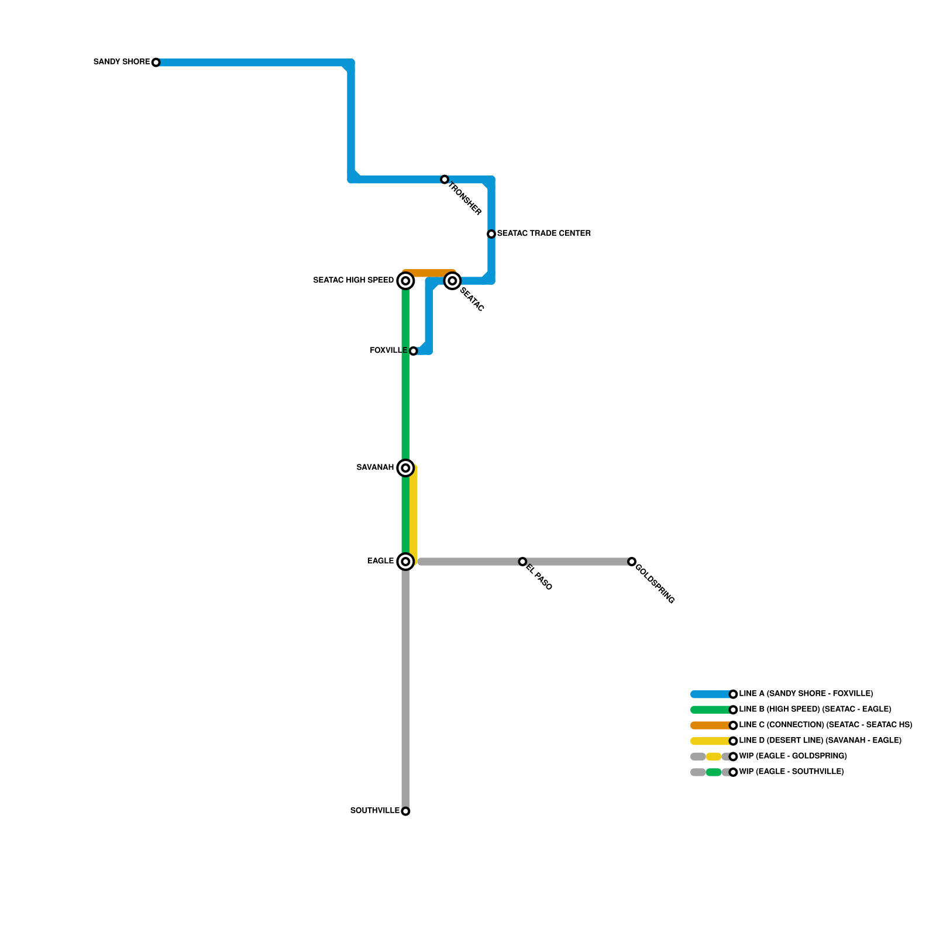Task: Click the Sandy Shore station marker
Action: [156, 63]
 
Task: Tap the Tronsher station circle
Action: [445, 180]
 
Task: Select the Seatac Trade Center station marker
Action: [491, 234]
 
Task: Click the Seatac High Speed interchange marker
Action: [405, 281]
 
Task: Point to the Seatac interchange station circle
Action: [452, 281]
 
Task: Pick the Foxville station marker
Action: [413, 351]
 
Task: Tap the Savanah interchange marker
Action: [405, 468]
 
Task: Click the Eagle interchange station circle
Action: [405, 562]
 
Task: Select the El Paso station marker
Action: [522, 562]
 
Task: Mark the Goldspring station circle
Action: [632, 562]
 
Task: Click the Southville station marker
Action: [405, 811]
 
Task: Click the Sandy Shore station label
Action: [122, 62]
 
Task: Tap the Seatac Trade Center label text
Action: [543, 233]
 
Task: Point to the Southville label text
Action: [374, 811]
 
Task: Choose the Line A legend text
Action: [806, 694]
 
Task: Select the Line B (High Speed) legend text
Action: [815, 710]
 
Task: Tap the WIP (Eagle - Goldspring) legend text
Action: [793, 756]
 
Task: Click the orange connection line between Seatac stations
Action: [429, 273]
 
